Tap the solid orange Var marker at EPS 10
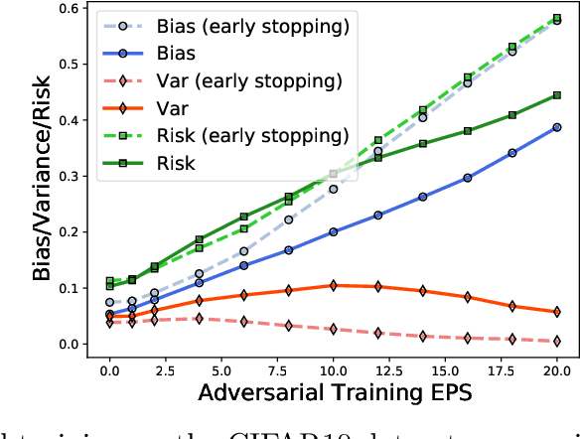pos(333,285)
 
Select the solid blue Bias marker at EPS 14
pos(423,197)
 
